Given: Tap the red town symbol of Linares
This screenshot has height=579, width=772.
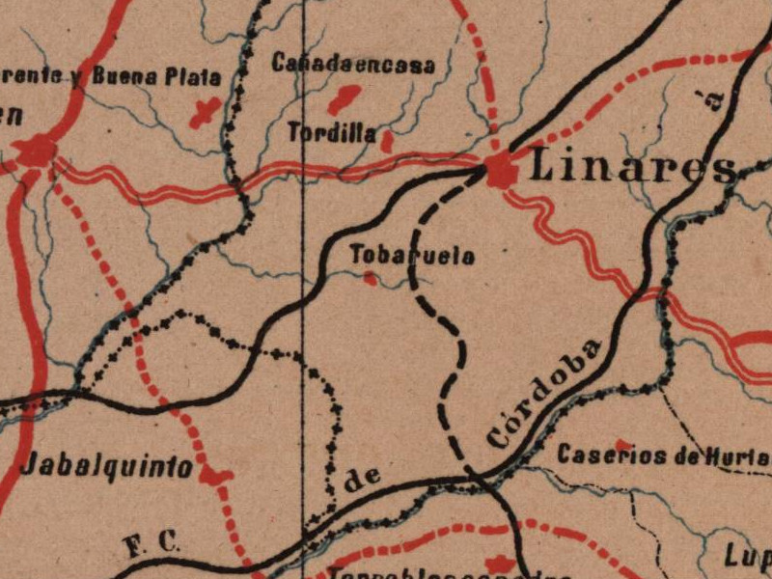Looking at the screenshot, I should click(x=501, y=172).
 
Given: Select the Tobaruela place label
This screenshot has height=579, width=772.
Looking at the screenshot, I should click(x=412, y=256).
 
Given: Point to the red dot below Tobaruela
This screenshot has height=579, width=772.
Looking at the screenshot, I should click(x=370, y=279).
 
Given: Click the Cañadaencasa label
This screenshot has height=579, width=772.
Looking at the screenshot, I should click(x=353, y=65).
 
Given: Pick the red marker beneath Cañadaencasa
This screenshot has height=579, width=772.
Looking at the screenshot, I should click(x=343, y=97).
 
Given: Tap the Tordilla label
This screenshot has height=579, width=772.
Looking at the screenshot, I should click(x=332, y=133).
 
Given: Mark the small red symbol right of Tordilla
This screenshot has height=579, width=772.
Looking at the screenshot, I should click(x=387, y=142).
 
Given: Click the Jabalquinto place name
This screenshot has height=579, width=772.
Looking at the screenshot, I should click(x=106, y=466).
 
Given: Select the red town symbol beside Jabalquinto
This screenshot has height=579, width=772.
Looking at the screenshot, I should click(x=215, y=475).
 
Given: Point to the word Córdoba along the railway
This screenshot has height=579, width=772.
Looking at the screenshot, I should click(x=545, y=393).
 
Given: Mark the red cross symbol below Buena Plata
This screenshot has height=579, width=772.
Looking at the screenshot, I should click(x=204, y=112).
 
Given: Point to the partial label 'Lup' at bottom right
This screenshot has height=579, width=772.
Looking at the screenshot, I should click(x=749, y=555).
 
